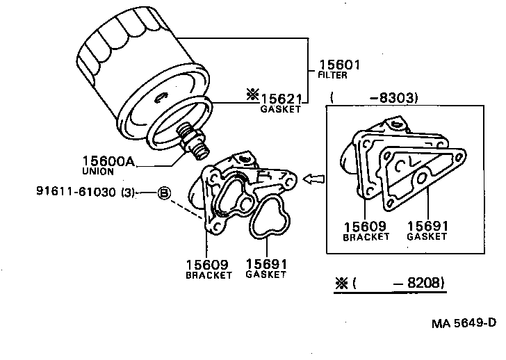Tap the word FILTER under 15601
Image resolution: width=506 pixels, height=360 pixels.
(334, 75)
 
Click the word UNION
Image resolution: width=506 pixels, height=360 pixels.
(98, 171)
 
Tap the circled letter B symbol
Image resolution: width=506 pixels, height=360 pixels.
(164, 193)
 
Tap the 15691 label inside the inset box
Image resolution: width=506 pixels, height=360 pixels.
(427, 226)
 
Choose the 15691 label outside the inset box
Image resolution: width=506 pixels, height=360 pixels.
(266, 264)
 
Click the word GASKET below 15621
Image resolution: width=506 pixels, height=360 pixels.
(281, 109)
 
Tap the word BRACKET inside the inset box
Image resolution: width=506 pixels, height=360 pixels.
(366, 237)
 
